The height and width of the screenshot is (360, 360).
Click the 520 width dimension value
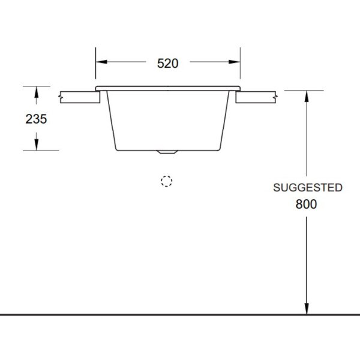pyautogui.click(x=167, y=64)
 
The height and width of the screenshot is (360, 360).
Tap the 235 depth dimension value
pyautogui.click(x=36, y=119)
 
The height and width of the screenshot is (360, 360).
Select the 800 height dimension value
pyautogui.click(x=306, y=204)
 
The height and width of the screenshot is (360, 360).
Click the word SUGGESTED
pyautogui.click(x=308, y=188)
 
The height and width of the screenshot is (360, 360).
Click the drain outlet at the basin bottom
pyautogui.click(x=167, y=152)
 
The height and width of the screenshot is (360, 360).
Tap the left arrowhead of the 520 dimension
pyautogui.click(x=101, y=62)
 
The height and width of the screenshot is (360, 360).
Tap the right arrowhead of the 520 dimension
pyautogui.click(x=235, y=62)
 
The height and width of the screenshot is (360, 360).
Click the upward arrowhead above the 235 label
pyautogui.click(x=37, y=92)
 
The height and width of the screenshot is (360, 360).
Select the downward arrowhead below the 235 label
pyautogui.click(x=37, y=145)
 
